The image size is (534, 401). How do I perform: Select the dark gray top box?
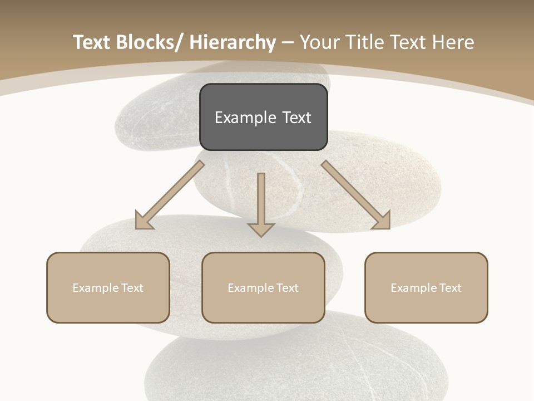263,117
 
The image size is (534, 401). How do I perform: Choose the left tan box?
108,287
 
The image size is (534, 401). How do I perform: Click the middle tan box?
263,287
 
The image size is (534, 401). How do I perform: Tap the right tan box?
426,287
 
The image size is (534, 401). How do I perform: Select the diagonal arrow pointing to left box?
170,195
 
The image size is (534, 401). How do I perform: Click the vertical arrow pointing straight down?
261,200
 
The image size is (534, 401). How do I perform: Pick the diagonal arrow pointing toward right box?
356,195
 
